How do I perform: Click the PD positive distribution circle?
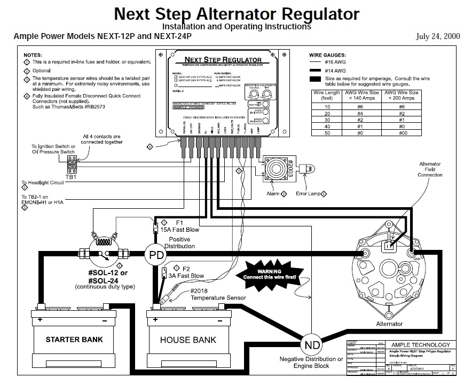click(156, 255)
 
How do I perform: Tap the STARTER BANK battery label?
click(74, 340)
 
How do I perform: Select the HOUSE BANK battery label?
click(188, 340)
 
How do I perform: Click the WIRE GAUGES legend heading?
click(327, 55)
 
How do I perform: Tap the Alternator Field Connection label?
click(430, 169)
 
